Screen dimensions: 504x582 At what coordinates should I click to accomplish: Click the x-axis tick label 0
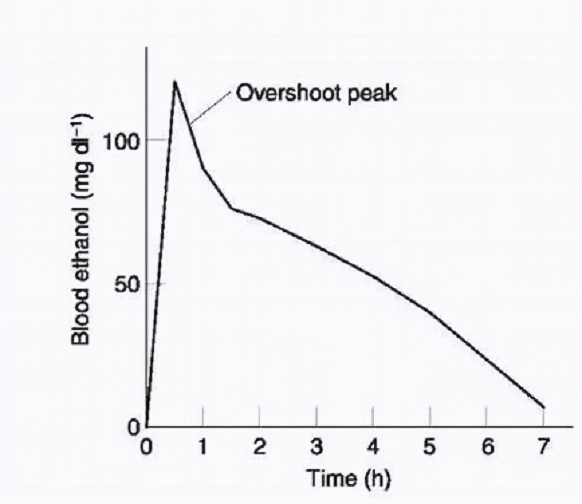[x=146, y=447]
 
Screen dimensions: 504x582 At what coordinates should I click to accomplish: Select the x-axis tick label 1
[x=203, y=447]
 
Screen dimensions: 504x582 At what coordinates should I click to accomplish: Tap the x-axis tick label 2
[x=260, y=447]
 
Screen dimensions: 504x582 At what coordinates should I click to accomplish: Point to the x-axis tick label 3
[x=317, y=447]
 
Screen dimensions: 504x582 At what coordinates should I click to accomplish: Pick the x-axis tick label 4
[x=373, y=447]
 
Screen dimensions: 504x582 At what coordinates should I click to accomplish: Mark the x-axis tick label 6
[x=487, y=447]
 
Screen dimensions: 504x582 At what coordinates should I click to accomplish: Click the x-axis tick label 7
[x=543, y=447]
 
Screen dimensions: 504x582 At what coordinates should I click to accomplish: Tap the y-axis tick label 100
[x=120, y=142]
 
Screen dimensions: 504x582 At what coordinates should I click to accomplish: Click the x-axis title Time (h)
[x=348, y=478]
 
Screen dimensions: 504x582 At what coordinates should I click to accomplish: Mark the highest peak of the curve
[x=175, y=81]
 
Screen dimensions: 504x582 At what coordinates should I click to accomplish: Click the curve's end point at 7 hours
[x=544, y=407]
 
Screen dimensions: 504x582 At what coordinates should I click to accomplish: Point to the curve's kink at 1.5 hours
[x=231, y=208]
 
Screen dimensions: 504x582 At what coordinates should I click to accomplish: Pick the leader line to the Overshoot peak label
[x=211, y=107]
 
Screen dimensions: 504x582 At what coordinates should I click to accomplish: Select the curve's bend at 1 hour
[x=204, y=169]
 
